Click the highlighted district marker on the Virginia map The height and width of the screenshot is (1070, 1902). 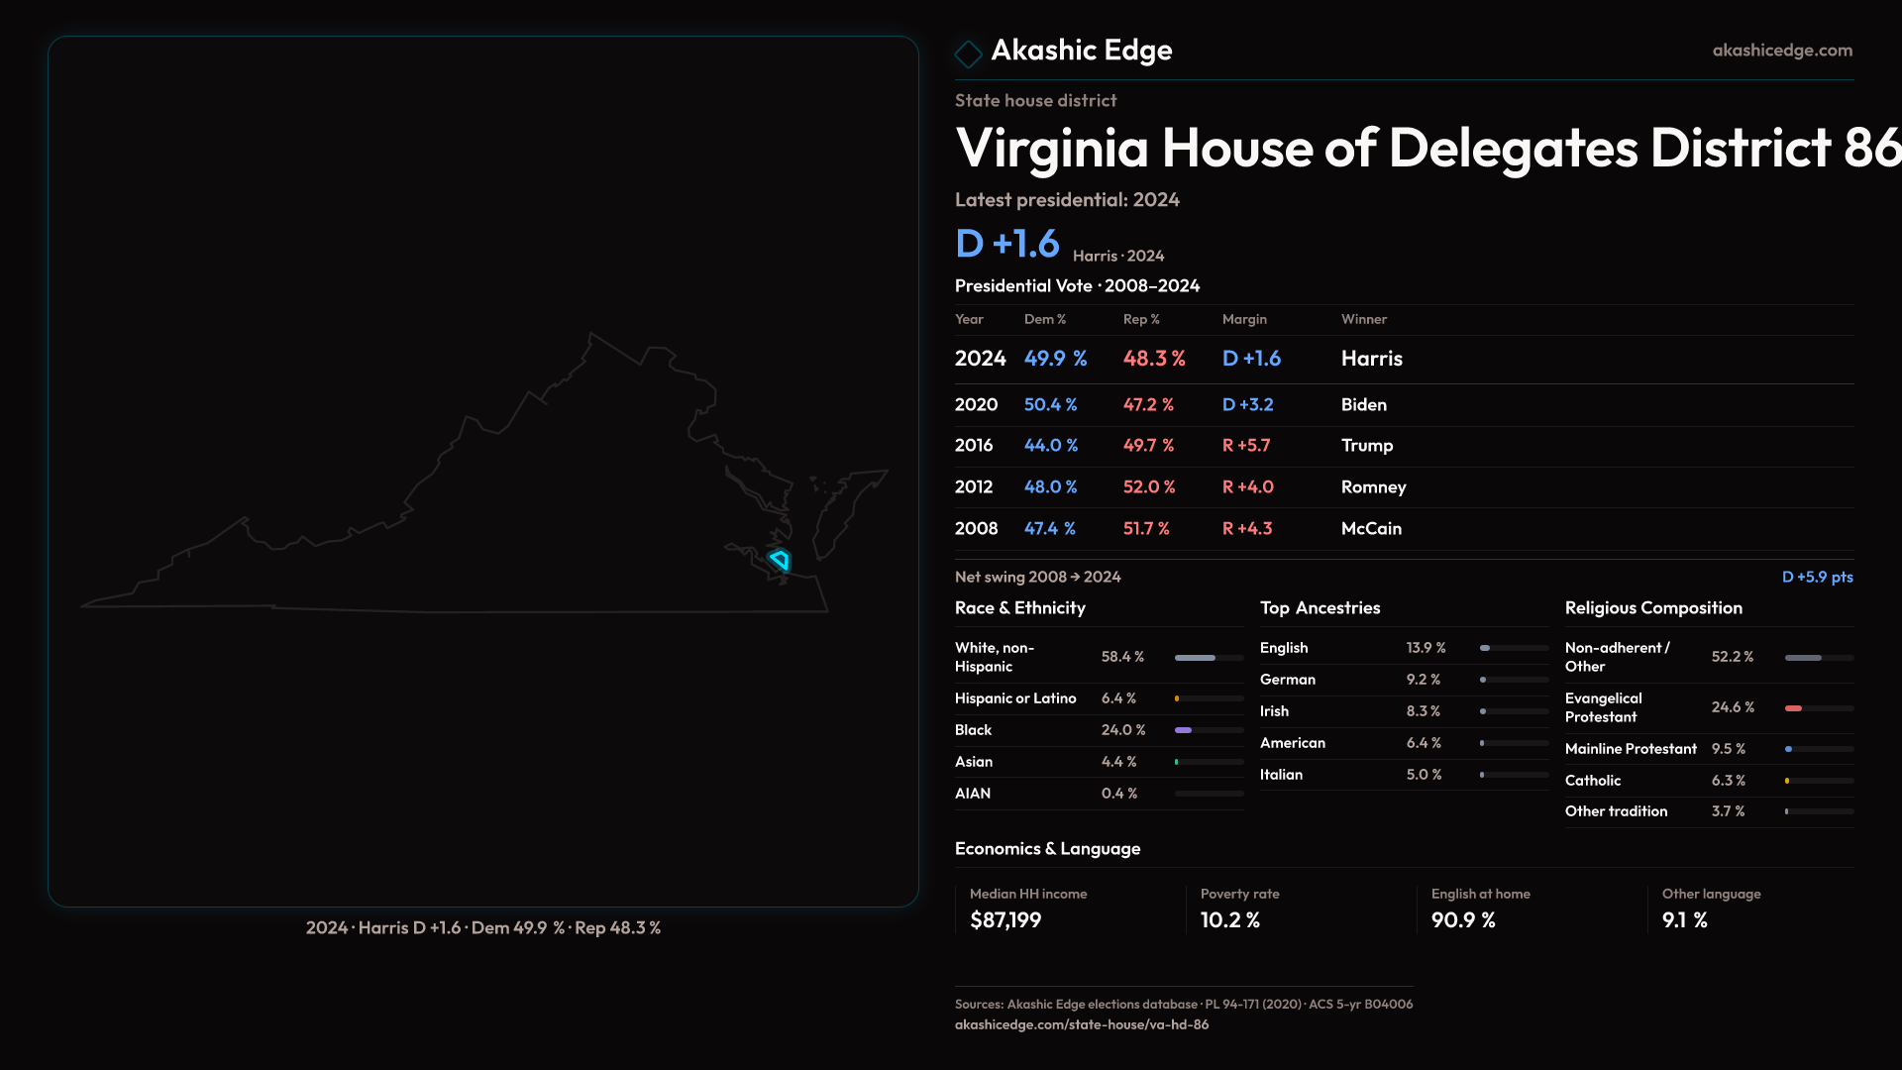coord(780,560)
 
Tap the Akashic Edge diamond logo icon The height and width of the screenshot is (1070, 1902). coord(968,53)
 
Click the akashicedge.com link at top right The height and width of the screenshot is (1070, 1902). coord(1781,50)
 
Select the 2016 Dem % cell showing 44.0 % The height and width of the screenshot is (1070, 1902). coord(1050,446)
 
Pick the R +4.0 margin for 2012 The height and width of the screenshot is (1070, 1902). coord(1247,487)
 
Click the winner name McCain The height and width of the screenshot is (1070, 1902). coord(1371,529)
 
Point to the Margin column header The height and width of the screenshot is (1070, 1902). coord(1244,319)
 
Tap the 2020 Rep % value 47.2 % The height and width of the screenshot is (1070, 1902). coord(1147,405)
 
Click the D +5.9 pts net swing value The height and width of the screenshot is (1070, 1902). coord(1817,577)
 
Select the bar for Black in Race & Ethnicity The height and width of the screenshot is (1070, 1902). coord(1184,730)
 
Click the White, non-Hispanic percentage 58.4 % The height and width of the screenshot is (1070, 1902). coord(1122,657)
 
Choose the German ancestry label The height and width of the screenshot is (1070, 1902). coord(1287,680)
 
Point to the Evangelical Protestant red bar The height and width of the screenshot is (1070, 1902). coord(1793,708)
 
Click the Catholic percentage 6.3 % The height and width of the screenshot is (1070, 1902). coord(1728,781)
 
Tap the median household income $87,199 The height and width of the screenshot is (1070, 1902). coord(1004,920)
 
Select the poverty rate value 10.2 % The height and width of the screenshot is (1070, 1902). coord(1229,920)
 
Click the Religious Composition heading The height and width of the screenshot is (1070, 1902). coord(1652,608)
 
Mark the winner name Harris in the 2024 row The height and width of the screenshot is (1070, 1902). coord(1371,359)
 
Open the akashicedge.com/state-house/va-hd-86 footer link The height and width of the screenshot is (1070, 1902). coord(1081,1024)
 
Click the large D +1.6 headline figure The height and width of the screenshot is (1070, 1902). coord(1006,244)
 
